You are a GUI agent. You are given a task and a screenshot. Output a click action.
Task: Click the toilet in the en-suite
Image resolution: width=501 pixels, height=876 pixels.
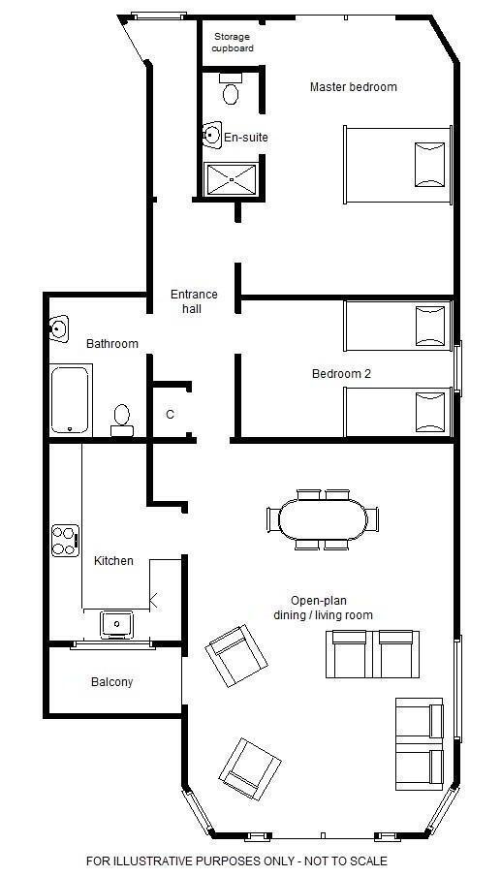point(230,88)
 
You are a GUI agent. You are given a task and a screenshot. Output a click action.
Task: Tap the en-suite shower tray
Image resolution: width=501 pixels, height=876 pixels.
point(232,179)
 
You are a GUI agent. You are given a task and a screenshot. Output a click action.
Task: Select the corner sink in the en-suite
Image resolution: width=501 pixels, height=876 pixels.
point(212,135)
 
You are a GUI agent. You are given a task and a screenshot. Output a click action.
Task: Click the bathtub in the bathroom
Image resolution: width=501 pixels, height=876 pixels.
point(71,399)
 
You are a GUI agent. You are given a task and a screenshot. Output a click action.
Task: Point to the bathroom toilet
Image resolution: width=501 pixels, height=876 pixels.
point(122,421)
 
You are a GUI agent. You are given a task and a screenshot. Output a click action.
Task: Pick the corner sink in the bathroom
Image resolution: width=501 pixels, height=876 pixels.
point(59,328)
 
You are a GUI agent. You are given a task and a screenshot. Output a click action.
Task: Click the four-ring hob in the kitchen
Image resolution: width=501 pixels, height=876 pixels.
point(65,541)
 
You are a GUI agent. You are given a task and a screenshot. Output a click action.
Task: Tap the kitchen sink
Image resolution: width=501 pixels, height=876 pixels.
point(116,624)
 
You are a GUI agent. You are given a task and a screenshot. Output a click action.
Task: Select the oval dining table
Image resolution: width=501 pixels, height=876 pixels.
point(323,519)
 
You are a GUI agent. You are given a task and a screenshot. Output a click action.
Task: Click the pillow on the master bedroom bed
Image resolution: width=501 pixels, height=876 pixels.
point(430,165)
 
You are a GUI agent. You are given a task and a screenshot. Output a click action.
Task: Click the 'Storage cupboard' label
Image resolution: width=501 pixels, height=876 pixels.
point(233,43)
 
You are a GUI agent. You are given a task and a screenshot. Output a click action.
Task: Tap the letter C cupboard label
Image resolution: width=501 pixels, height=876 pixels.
point(170,415)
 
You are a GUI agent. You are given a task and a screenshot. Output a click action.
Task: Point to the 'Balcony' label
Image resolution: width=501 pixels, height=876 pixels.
point(111,682)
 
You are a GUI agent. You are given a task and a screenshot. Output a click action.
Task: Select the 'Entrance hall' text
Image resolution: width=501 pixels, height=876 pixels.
point(194,301)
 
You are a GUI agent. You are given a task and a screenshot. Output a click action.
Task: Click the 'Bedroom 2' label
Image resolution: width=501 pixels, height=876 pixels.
point(341,374)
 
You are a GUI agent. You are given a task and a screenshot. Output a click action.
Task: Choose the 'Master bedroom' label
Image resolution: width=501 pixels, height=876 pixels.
point(354,86)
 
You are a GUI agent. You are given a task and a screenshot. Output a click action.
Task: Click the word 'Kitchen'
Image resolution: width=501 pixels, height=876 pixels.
point(113,560)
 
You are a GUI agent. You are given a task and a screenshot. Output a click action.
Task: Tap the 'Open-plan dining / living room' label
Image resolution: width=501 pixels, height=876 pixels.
point(323,608)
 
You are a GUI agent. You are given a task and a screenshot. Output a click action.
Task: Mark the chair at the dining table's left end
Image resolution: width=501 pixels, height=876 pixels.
point(272,519)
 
